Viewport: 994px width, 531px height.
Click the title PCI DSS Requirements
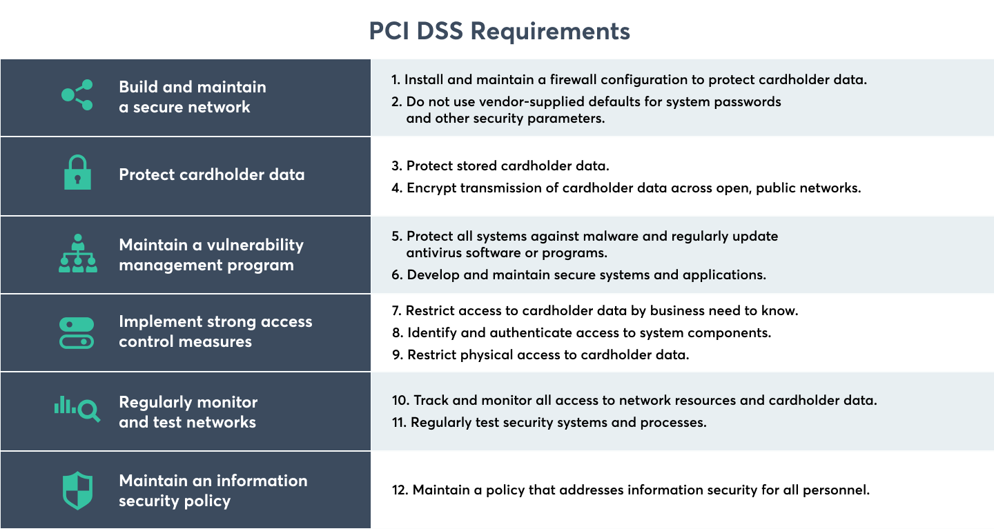499,31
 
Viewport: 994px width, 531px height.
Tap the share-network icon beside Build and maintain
77,96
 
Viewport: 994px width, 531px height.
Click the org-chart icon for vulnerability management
77,254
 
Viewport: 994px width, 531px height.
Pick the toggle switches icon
76,332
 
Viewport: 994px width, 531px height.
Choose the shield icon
77,490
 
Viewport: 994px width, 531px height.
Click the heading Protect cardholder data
211,174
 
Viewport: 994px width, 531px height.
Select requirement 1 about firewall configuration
629,80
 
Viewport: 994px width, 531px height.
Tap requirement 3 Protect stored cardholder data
500,166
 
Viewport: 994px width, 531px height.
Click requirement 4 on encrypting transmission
626,188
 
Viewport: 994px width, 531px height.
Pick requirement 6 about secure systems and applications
578,275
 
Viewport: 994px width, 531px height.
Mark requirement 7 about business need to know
594,311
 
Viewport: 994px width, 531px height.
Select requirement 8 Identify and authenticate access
581,333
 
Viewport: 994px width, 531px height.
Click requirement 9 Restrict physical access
540,355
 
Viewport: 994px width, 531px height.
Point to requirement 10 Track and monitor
634,401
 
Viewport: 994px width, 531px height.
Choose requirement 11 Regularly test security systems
549,423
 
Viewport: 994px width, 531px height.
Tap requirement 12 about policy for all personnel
630,490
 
